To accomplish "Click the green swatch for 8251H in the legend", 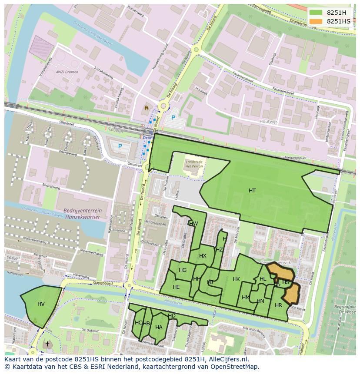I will pos(316,12).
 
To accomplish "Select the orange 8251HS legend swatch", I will pos(316,21).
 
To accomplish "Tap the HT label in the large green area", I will pos(252,191).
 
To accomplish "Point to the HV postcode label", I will pos(41,304).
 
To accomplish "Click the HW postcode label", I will pos(193,224).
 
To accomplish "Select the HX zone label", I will pos(203,256).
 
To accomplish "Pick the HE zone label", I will pos(176,287).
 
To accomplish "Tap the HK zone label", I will pos(236,279).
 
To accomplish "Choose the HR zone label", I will pos(278,305).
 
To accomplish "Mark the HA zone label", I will pos(159,328).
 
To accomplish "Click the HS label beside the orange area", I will pos(286,282).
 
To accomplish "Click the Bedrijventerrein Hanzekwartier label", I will pos(83,213).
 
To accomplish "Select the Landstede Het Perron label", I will pos(194,164).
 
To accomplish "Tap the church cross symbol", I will pos(47,344).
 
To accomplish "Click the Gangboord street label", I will pos(103,283).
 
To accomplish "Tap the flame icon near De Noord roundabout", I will pos(146,107).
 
